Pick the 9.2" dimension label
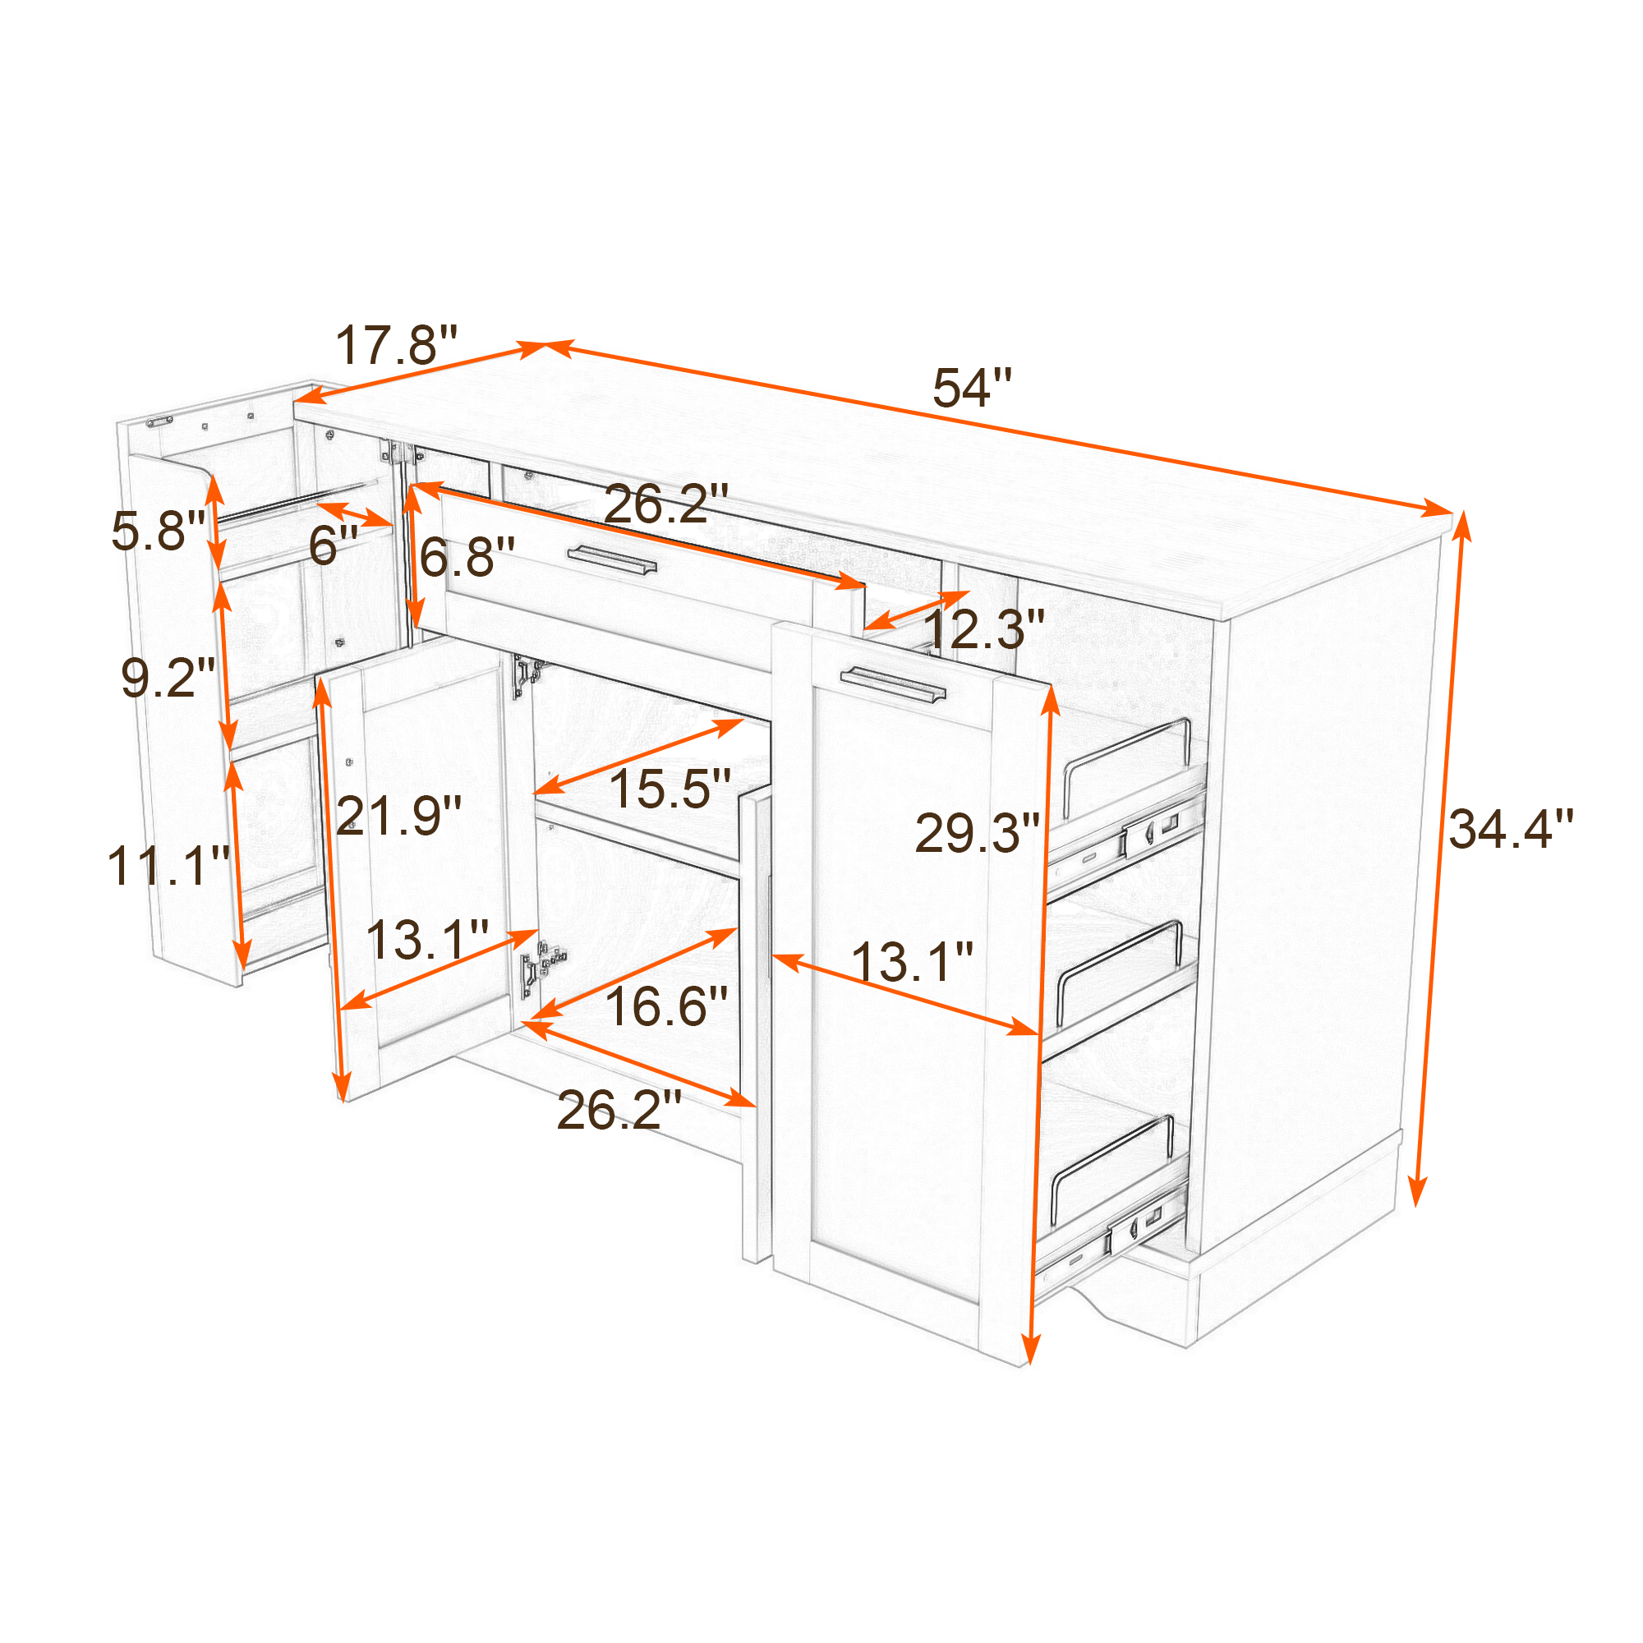coord(168,678)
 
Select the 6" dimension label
coord(334,545)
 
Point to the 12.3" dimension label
coord(983,629)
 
